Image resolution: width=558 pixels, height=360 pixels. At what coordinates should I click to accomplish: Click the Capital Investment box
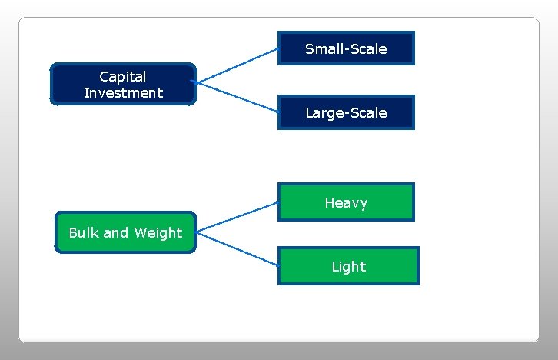click(123, 84)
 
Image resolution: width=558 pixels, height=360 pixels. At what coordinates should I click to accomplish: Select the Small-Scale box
click(346, 48)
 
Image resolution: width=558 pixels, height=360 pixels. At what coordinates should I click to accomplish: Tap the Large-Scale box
click(346, 112)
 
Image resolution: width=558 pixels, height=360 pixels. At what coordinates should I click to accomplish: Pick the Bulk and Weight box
click(125, 232)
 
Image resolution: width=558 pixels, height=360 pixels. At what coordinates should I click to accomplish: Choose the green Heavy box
click(346, 202)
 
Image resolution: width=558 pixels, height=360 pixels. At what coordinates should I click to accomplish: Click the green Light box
click(348, 266)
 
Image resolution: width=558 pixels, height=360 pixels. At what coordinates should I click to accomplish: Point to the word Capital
click(123, 76)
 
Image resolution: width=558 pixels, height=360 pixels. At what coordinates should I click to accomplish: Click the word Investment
click(123, 93)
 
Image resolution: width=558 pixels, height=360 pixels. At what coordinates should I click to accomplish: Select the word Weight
click(158, 232)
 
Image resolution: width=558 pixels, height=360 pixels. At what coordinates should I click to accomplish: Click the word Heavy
click(346, 203)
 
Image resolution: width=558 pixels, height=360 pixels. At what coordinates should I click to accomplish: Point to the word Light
click(348, 267)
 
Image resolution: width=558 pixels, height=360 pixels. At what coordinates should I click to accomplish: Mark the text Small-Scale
click(346, 49)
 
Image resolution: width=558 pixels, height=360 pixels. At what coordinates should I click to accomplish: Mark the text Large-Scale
click(346, 113)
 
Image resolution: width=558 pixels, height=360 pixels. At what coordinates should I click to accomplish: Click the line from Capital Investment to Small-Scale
click(236, 65)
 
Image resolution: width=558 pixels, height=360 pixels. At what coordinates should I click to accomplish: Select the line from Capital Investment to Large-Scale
click(236, 97)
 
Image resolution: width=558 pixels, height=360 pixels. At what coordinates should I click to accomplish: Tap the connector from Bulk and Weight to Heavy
click(236, 216)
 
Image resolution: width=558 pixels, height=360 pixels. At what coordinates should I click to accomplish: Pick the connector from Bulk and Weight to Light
click(236, 248)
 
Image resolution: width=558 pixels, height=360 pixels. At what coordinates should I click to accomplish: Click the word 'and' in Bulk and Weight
click(116, 232)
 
